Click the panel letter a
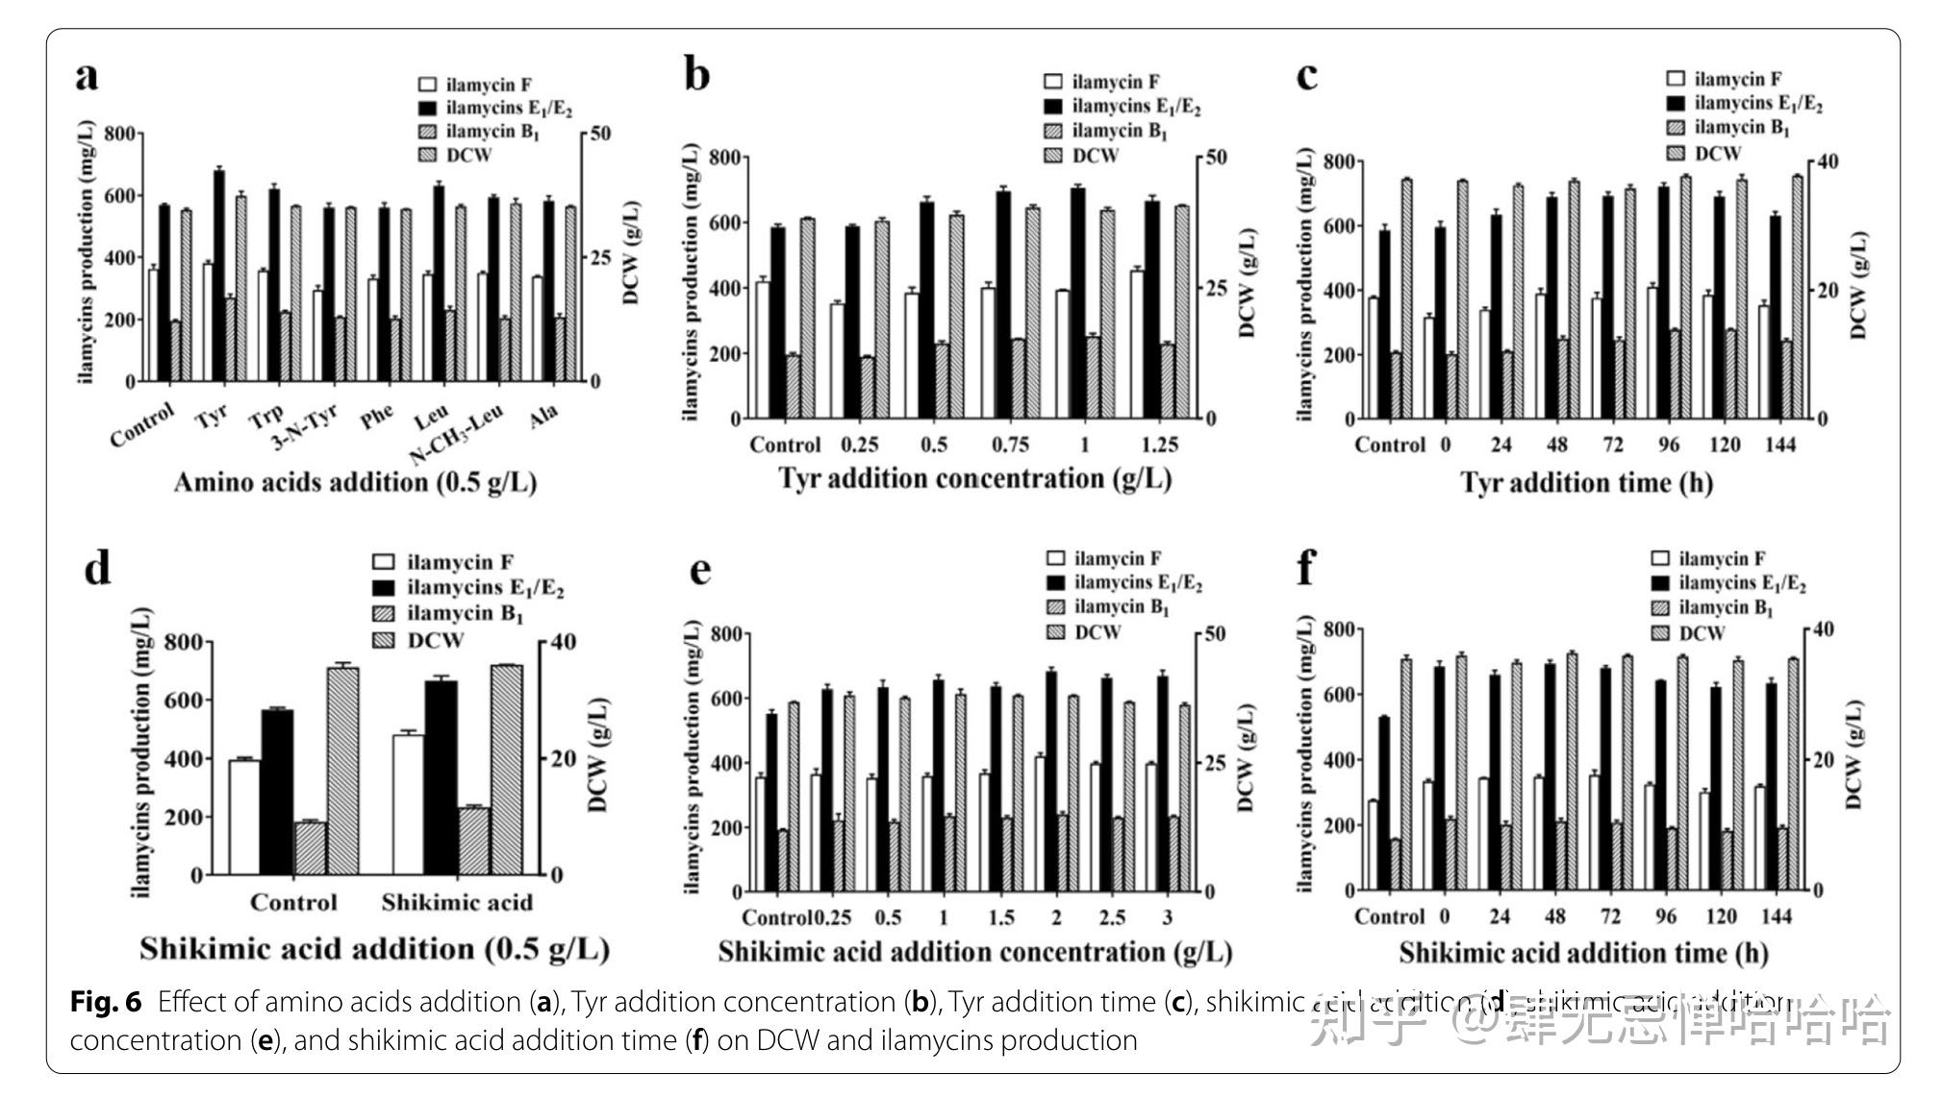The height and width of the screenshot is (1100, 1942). tap(87, 76)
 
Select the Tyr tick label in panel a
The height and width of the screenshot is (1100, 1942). tap(212, 417)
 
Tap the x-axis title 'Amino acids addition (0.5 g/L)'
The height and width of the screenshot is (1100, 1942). tap(355, 482)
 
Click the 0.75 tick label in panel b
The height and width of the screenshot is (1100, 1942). tap(1010, 445)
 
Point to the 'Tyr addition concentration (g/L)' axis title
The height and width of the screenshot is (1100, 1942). tap(974, 478)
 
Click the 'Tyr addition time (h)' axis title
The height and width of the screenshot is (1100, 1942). tap(1586, 482)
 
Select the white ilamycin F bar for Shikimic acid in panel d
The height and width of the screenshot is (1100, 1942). tap(408, 805)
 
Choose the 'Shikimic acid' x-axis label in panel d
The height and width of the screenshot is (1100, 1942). tap(457, 903)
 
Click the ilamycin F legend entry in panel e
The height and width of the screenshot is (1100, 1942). tap(1117, 558)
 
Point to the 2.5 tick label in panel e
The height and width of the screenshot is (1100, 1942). tap(1112, 917)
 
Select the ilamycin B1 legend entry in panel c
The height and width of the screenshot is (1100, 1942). tap(1741, 128)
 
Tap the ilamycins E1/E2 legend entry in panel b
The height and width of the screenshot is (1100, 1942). tap(1135, 107)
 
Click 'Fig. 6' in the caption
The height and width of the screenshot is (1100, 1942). tap(106, 1002)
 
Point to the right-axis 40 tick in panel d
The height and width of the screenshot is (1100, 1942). tap(563, 642)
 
